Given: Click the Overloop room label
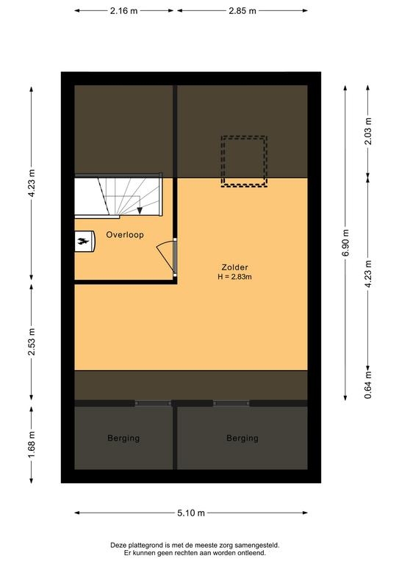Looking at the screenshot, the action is (125, 235).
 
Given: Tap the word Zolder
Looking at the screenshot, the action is (234, 267).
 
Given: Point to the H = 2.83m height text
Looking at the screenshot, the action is (234, 277).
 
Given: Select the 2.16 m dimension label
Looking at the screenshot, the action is (123, 11).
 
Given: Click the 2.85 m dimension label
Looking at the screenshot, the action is (242, 11).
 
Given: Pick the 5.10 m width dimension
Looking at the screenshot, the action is (191, 513).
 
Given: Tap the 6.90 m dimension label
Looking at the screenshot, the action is (345, 242).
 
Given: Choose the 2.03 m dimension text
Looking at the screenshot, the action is (367, 131).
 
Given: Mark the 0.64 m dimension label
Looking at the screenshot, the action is (367, 386).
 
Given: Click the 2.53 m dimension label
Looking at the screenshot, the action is (32, 341).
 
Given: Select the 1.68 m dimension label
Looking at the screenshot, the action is (32, 444).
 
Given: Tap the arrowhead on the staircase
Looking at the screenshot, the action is (140, 211).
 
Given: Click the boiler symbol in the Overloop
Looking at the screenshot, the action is (85, 241).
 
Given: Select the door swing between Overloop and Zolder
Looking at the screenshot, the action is (164, 256).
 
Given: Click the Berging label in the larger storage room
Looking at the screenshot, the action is (242, 438).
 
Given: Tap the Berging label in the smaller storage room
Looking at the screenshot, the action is (123, 438).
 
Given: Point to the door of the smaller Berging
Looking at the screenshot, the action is (154, 403).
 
